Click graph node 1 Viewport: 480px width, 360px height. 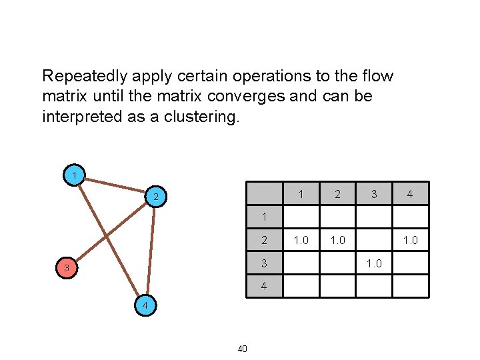[75, 175]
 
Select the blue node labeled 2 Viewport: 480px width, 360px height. [155, 197]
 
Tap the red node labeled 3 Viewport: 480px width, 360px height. [67, 269]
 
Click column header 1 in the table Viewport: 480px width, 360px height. [301, 194]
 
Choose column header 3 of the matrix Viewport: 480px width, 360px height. [374, 194]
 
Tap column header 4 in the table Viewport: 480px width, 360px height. [411, 195]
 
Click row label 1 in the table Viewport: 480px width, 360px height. [265, 217]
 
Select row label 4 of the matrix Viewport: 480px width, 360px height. [265, 286]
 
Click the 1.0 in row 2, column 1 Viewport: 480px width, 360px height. [301, 240]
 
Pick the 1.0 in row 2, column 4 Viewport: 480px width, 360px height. [411, 240]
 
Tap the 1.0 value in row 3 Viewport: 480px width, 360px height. [374, 263]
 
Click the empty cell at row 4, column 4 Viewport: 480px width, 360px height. [411, 286]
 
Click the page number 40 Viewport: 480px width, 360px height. [242, 348]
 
